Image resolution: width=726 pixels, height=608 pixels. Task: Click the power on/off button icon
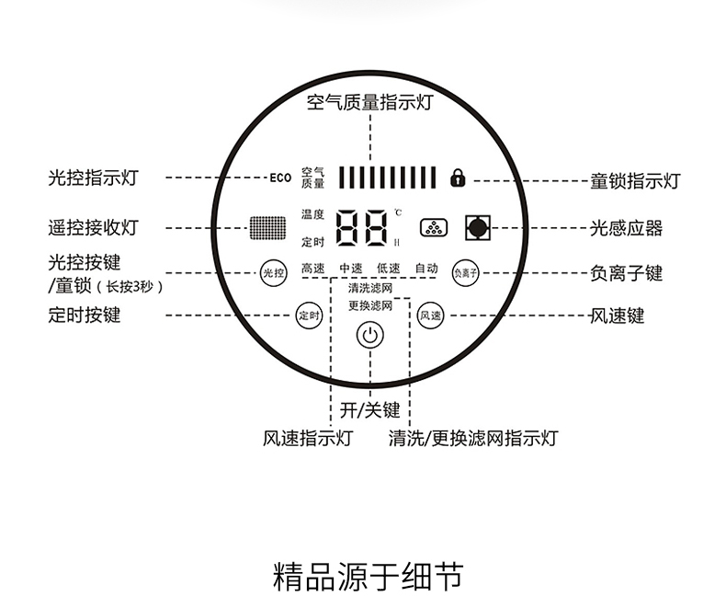pyautogui.click(x=370, y=336)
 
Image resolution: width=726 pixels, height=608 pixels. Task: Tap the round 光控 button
pyautogui.click(x=274, y=272)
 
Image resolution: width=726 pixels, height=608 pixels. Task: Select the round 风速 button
pyautogui.click(x=430, y=315)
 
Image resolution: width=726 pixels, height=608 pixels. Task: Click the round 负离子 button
pyautogui.click(x=466, y=272)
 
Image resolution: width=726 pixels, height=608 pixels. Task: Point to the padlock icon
pyautogui.click(x=458, y=178)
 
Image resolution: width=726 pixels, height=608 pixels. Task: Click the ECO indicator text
pyautogui.click(x=280, y=178)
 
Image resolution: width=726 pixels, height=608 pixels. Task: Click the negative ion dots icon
pyautogui.click(x=433, y=227)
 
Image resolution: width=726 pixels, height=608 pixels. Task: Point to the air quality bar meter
pyautogui.click(x=386, y=177)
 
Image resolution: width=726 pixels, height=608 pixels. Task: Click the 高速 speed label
pyautogui.click(x=312, y=269)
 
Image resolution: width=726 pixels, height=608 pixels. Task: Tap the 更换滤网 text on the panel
pyautogui.click(x=370, y=305)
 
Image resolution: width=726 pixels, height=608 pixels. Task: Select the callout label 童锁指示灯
pyautogui.click(x=635, y=180)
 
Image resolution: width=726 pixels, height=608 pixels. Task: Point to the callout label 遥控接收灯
pyautogui.click(x=93, y=227)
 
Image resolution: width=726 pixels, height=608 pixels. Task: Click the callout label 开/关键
pyautogui.click(x=370, y=410)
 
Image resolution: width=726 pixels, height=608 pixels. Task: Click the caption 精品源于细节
pyautogui.click(x=369, y=576)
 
